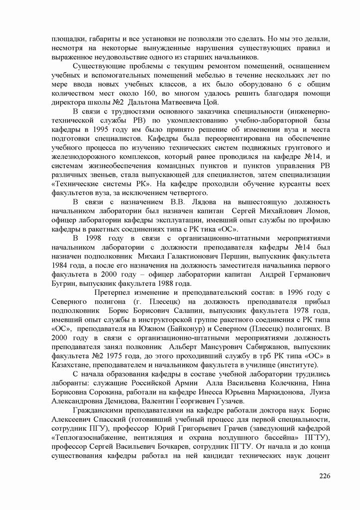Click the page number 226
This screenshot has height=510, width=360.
click(324, 476)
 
